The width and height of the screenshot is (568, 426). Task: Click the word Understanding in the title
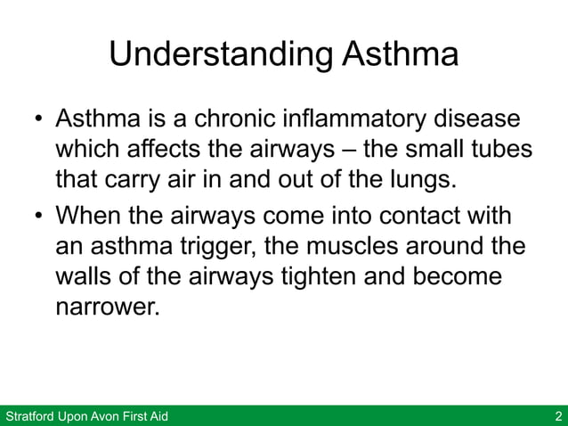(x=221, y=55)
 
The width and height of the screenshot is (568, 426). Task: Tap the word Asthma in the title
(x=400, y=55)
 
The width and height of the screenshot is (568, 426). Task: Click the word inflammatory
(x=366, y=119)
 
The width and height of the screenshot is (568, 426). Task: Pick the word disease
(x=481, y=119)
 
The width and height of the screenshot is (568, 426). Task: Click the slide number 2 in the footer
(x=557, y=416)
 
